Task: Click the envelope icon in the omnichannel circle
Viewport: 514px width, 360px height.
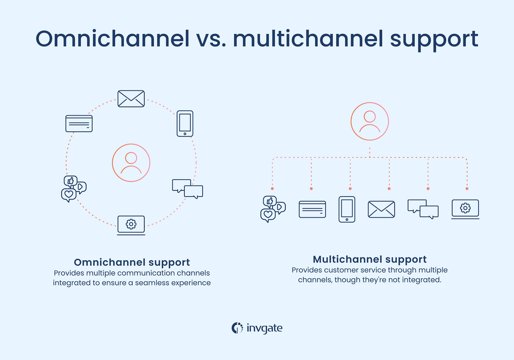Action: (131, 99)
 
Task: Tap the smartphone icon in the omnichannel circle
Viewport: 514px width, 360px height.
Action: (185, 123)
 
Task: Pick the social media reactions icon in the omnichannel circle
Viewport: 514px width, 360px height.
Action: (73, 189)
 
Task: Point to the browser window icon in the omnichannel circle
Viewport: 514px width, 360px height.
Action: (79, 123)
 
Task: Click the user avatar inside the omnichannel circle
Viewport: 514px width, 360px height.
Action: (131, 163)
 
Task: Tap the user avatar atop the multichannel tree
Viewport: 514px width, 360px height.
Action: (369, 121)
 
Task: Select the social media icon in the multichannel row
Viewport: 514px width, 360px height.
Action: (273, 209)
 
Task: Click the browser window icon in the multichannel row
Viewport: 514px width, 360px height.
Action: (312, 209)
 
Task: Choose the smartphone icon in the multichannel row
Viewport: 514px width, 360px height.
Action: (347, 209)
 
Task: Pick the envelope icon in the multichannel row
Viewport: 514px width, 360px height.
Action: (381, 209)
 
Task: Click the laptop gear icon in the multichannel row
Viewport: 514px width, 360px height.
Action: (465, 209)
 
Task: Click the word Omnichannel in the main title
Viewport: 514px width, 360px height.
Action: (112, 39)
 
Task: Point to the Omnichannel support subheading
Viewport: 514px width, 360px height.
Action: (132, 262)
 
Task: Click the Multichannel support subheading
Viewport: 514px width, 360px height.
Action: (369, 259)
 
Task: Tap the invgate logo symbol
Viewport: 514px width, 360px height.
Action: (237, 328)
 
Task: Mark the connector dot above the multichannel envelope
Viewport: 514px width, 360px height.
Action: (389, 189)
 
